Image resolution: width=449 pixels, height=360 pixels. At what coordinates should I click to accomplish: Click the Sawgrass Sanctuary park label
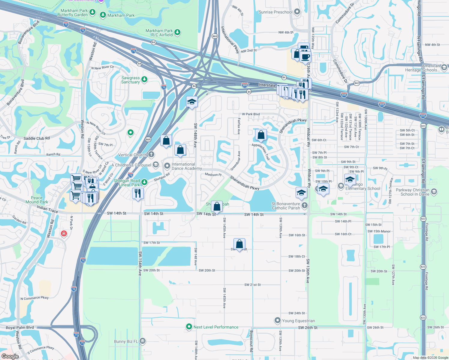click(131, 80)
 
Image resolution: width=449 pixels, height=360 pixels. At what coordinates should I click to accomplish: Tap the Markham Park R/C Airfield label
click(159, 33)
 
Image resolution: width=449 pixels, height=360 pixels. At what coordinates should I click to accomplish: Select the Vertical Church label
click(133, 155)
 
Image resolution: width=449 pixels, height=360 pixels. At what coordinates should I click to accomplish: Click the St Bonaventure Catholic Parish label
click(286, 206)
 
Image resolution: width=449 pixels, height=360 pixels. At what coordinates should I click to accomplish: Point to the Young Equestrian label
click(298, 321)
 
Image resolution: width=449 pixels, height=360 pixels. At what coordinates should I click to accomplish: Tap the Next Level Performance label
click(216, 327)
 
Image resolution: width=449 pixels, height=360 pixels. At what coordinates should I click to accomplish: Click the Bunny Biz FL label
click(126, 341)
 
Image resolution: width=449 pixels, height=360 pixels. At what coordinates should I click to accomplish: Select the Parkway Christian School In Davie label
click(412, 192)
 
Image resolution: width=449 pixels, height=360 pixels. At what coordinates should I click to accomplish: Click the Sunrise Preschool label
click(276, 12)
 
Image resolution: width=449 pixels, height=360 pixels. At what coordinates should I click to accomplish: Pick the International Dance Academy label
click(187, 166)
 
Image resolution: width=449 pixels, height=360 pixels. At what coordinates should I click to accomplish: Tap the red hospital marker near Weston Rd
click(64, 233)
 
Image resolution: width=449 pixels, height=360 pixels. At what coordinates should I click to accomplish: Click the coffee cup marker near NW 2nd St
click(306, 57)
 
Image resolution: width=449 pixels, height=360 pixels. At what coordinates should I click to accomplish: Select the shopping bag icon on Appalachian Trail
click(261, 135)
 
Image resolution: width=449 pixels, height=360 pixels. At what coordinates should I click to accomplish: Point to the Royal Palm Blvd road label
click(20, 328)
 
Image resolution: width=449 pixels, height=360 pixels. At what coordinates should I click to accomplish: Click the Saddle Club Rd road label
click(37, 138)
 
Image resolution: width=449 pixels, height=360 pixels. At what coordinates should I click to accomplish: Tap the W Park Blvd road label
click(251, 114)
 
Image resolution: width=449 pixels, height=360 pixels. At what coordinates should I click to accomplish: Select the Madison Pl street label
click(213, 175)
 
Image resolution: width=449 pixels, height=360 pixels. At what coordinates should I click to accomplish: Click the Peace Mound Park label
click(37, 200)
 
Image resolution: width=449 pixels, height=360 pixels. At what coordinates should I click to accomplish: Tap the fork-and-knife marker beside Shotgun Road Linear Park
click(138, 193)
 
